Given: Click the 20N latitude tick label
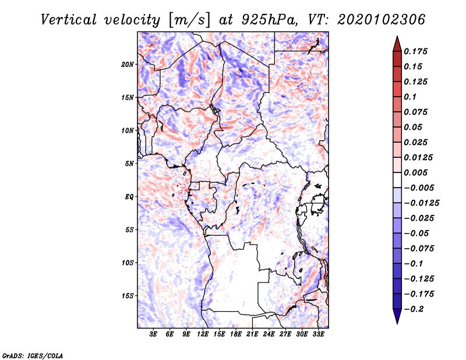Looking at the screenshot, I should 128,64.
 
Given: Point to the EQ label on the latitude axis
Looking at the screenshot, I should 129,197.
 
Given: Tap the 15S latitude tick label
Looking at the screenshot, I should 128,296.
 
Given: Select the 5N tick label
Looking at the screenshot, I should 129,164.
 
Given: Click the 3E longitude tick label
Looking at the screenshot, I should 153,334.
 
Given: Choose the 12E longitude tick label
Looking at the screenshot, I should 203,334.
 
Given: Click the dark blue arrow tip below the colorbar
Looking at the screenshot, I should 397,320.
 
